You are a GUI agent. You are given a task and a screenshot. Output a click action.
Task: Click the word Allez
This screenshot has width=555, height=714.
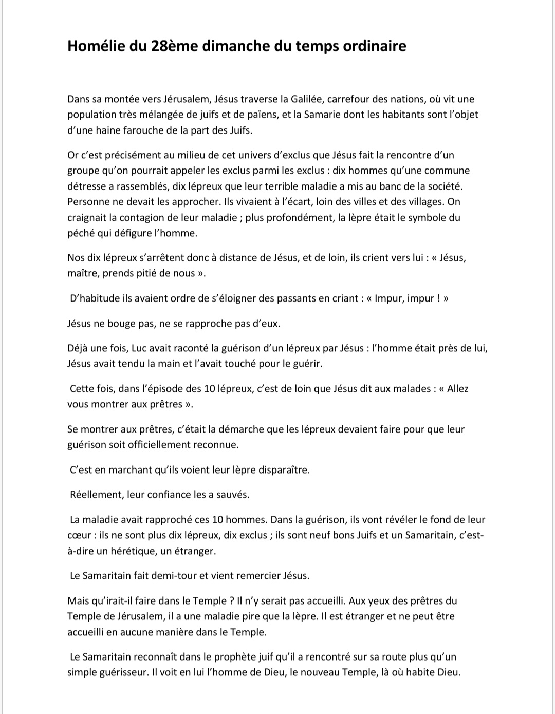tap(458, 389)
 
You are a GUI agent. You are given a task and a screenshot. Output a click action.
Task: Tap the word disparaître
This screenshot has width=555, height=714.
tap(282, 470)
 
